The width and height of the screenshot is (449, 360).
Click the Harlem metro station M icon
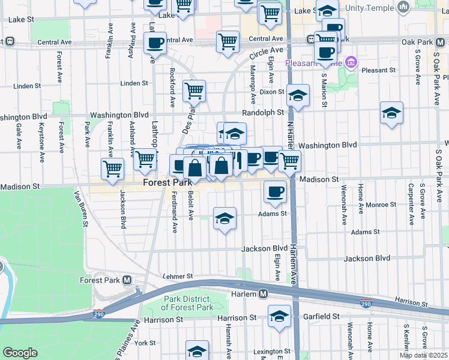point(263,293)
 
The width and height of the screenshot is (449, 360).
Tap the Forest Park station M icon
point(127,280)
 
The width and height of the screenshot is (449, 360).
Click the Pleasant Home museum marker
point(351,62)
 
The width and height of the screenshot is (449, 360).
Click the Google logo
point(20,352)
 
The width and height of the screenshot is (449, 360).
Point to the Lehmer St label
point(178,277)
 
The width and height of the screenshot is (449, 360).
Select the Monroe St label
point(381,205)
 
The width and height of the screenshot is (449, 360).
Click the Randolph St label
point(263,112)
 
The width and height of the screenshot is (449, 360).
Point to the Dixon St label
point(271,92)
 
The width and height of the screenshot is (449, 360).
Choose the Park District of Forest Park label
point(187,303)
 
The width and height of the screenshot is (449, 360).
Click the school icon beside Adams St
point(224,218)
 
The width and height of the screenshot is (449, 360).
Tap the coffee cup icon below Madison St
point(275,192)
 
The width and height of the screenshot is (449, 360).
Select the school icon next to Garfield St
point(279,316)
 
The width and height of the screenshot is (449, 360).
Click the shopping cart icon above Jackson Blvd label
point(112,169)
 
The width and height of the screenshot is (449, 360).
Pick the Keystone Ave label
point(41,137)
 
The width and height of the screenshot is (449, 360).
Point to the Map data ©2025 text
point(424,355)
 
